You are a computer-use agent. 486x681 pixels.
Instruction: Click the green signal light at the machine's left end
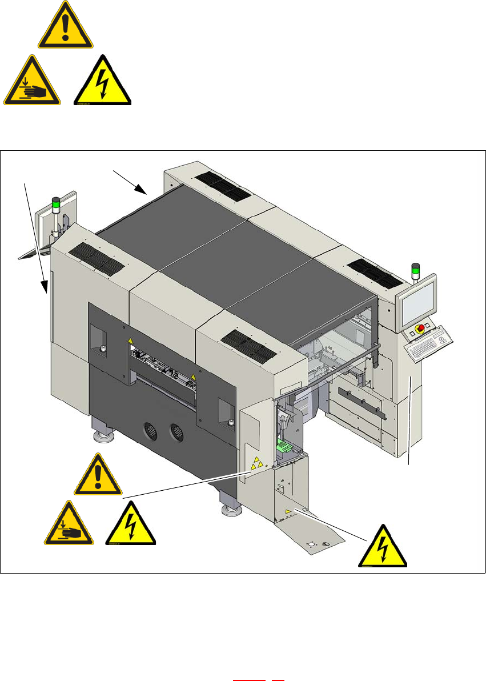[x=55, y=202]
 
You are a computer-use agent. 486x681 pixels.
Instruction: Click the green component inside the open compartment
[x=284, y=443]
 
